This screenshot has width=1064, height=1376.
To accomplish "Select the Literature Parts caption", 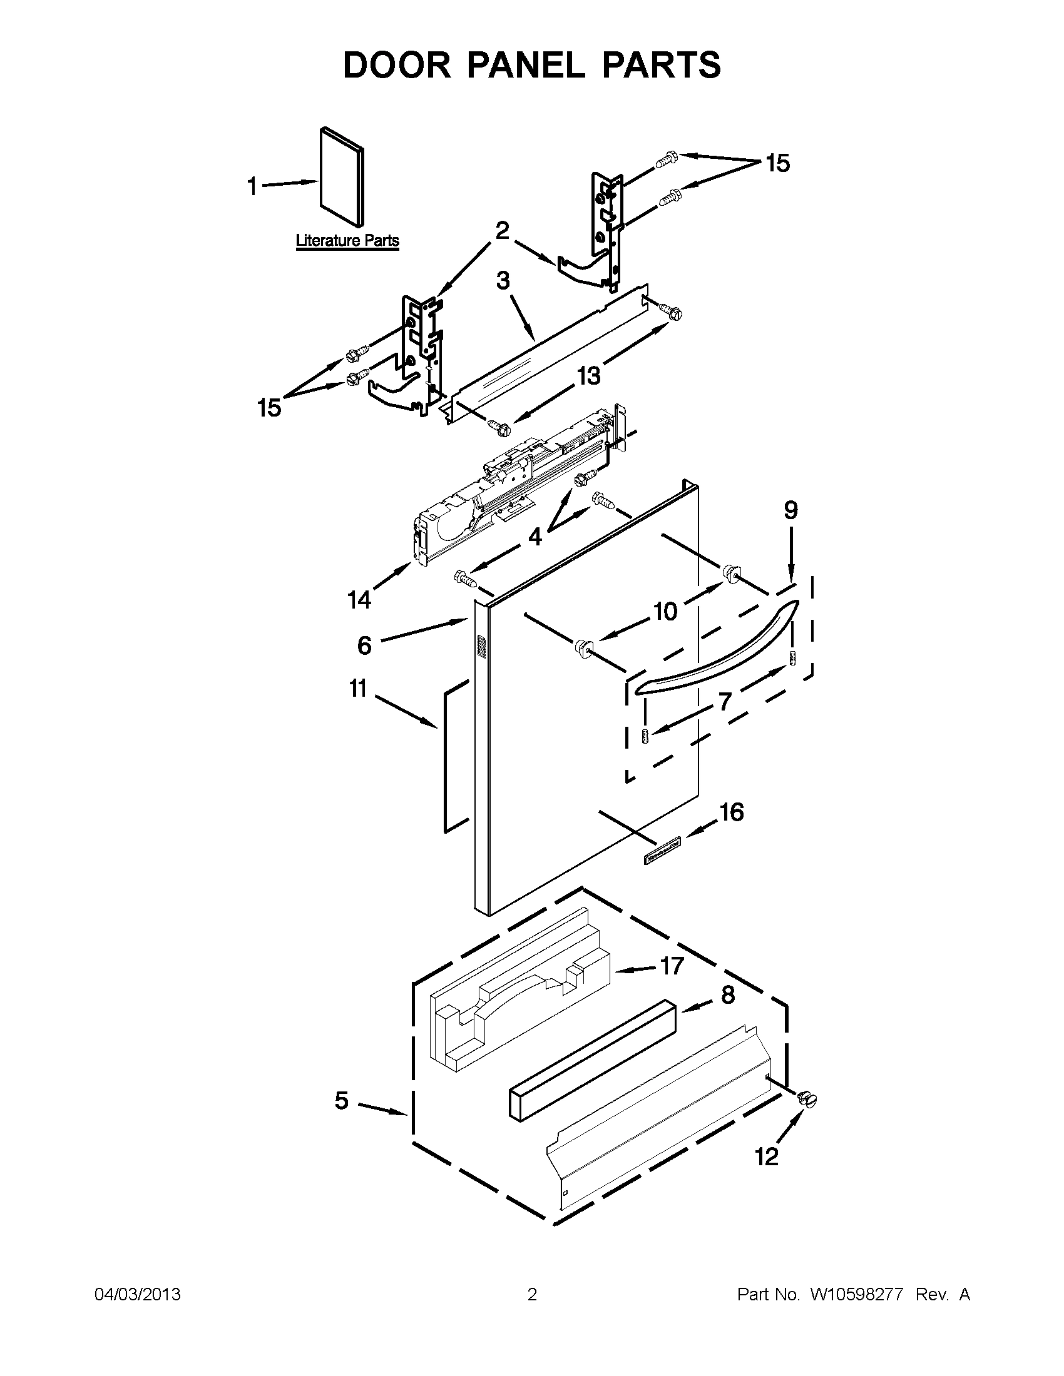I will (x=347, y=240).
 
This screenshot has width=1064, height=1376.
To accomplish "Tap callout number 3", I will (x=503, y=280).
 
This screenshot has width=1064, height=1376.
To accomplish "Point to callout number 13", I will (x=588, y=375).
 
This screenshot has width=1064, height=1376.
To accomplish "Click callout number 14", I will (x=359, y=600).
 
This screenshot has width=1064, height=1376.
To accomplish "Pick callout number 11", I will (x=358, y=689).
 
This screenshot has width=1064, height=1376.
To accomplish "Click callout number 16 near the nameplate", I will (x=731, y=812).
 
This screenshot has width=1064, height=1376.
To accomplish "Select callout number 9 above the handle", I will (x=790, y=510).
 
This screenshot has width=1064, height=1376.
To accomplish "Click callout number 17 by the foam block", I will (x=672, y=965).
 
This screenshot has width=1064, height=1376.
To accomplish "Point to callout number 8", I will (x=727, y=995).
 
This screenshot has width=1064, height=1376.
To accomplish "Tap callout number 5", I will (x=341, y=1100).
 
